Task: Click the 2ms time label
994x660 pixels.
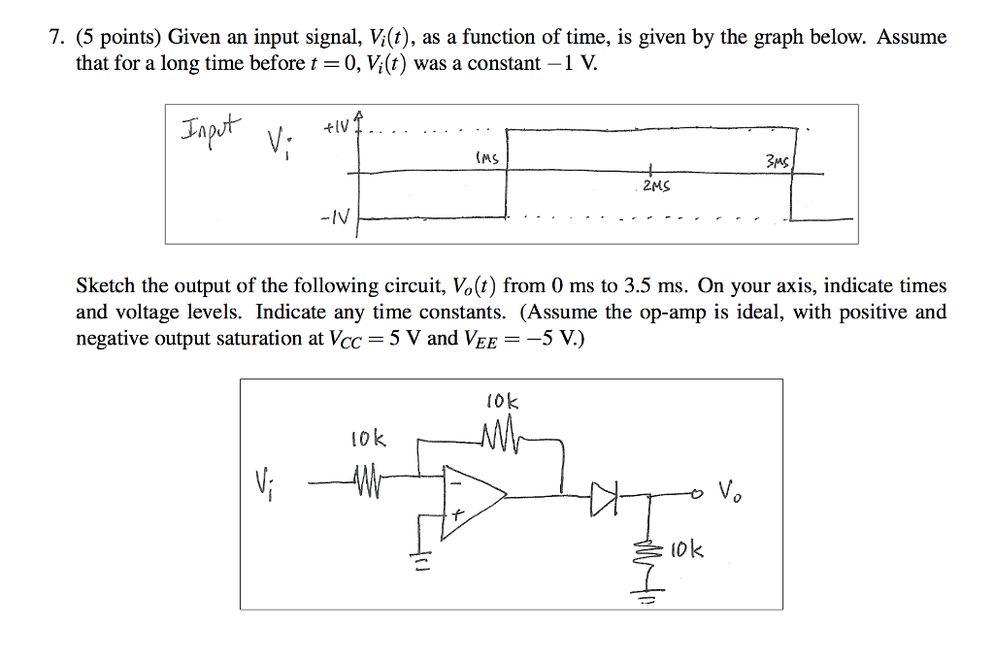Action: [x=657, y=184]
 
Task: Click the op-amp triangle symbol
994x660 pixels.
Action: [x=469, y=496]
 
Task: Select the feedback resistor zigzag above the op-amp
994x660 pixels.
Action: [x=496, y=438]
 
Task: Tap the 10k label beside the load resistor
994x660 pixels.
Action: [x=687, y=551]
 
